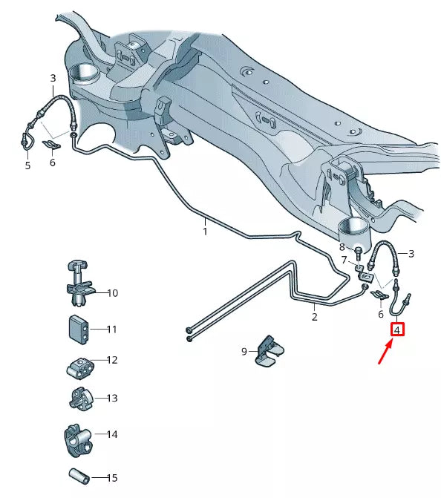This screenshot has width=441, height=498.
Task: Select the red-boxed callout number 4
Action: point(398,328)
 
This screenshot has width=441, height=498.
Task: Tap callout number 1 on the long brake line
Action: point(206,231)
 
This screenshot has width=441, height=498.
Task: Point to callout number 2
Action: point(314,317)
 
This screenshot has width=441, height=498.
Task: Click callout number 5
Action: point(27,166)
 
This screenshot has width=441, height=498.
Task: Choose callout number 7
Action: point(344,261)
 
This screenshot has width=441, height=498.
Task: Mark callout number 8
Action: point(342,246)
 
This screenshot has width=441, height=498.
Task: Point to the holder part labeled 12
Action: point(76,366)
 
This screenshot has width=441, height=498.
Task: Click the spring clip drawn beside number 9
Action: point(268,350)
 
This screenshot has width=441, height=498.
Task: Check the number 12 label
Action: point(112,361)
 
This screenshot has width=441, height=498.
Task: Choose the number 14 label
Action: point(112,434)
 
